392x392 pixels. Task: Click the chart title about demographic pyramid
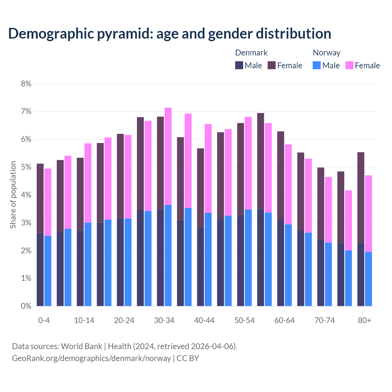170,33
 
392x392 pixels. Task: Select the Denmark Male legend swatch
239,65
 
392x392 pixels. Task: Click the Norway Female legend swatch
349,65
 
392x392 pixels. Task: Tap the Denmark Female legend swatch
272,65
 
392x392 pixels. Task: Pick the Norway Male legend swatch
317,65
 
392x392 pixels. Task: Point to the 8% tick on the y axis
26,84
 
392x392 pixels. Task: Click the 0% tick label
26,306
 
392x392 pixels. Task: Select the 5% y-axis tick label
26,167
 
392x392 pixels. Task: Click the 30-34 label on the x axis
164,320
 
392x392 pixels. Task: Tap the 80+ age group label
364,320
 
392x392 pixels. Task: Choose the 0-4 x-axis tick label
44,320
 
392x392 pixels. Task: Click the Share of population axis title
13,195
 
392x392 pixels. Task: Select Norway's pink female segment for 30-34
168,156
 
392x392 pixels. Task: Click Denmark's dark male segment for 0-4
40,269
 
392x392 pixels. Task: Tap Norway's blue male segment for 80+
368,279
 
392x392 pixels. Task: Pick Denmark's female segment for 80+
361,198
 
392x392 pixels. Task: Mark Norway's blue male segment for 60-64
288,265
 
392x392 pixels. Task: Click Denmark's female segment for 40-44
201,187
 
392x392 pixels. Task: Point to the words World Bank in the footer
81,346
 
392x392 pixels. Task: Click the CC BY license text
188,358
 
